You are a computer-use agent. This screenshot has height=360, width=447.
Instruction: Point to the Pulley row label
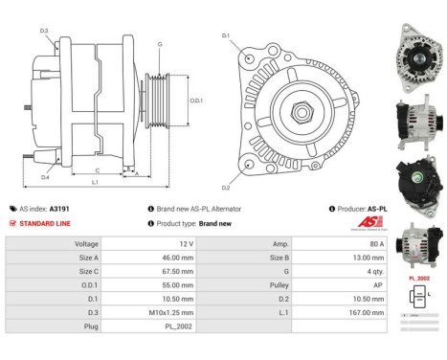281,284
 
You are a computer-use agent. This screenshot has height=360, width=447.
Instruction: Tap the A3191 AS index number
59,208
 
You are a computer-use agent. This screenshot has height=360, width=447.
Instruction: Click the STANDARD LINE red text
44,223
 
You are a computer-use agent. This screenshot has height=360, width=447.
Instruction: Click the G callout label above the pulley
159,44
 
